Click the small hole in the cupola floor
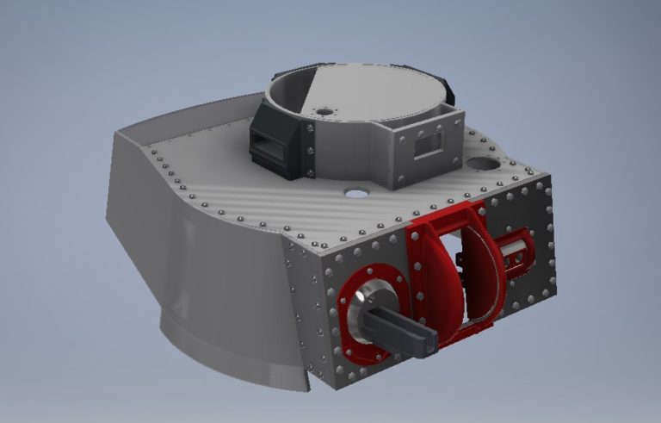[324, 111]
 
